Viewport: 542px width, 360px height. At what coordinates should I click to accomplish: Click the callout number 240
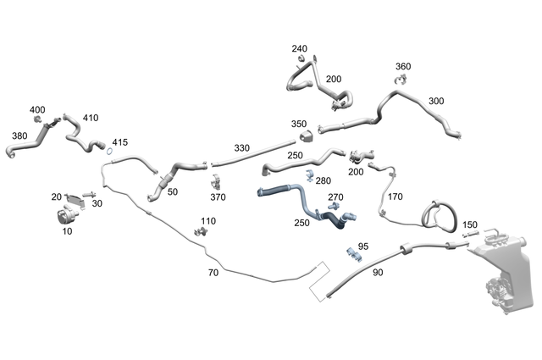(x=300, y=49)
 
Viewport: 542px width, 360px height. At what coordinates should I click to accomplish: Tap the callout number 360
(x=403, y=67)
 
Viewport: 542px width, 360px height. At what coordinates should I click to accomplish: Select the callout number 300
(x=436, y=102)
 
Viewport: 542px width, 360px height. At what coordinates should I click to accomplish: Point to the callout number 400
(x=37, y=110)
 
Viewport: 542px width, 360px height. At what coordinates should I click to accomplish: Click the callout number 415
(x=119, y=142)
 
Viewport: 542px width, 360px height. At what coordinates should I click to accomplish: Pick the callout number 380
(x=19, y=135)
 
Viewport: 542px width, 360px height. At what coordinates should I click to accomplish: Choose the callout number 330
(x=242, y=148)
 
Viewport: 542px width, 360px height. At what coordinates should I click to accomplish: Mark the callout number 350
(x=299, y=124)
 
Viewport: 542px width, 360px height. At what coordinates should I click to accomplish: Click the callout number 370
(x=218, y=197)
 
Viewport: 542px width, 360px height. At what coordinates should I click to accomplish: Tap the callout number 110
(x=208, y=221)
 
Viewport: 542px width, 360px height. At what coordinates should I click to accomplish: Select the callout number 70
(x=213, y=273)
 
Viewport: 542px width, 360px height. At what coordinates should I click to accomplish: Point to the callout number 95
(x=363, y=246)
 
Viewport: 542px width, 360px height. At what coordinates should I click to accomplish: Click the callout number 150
(x=470, y=224)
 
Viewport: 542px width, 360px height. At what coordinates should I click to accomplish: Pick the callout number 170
(x=395, y=197)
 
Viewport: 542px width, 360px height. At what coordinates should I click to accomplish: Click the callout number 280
(x=324, y=180)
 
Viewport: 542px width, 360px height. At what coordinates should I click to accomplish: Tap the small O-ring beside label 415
(x=110, y=152)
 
